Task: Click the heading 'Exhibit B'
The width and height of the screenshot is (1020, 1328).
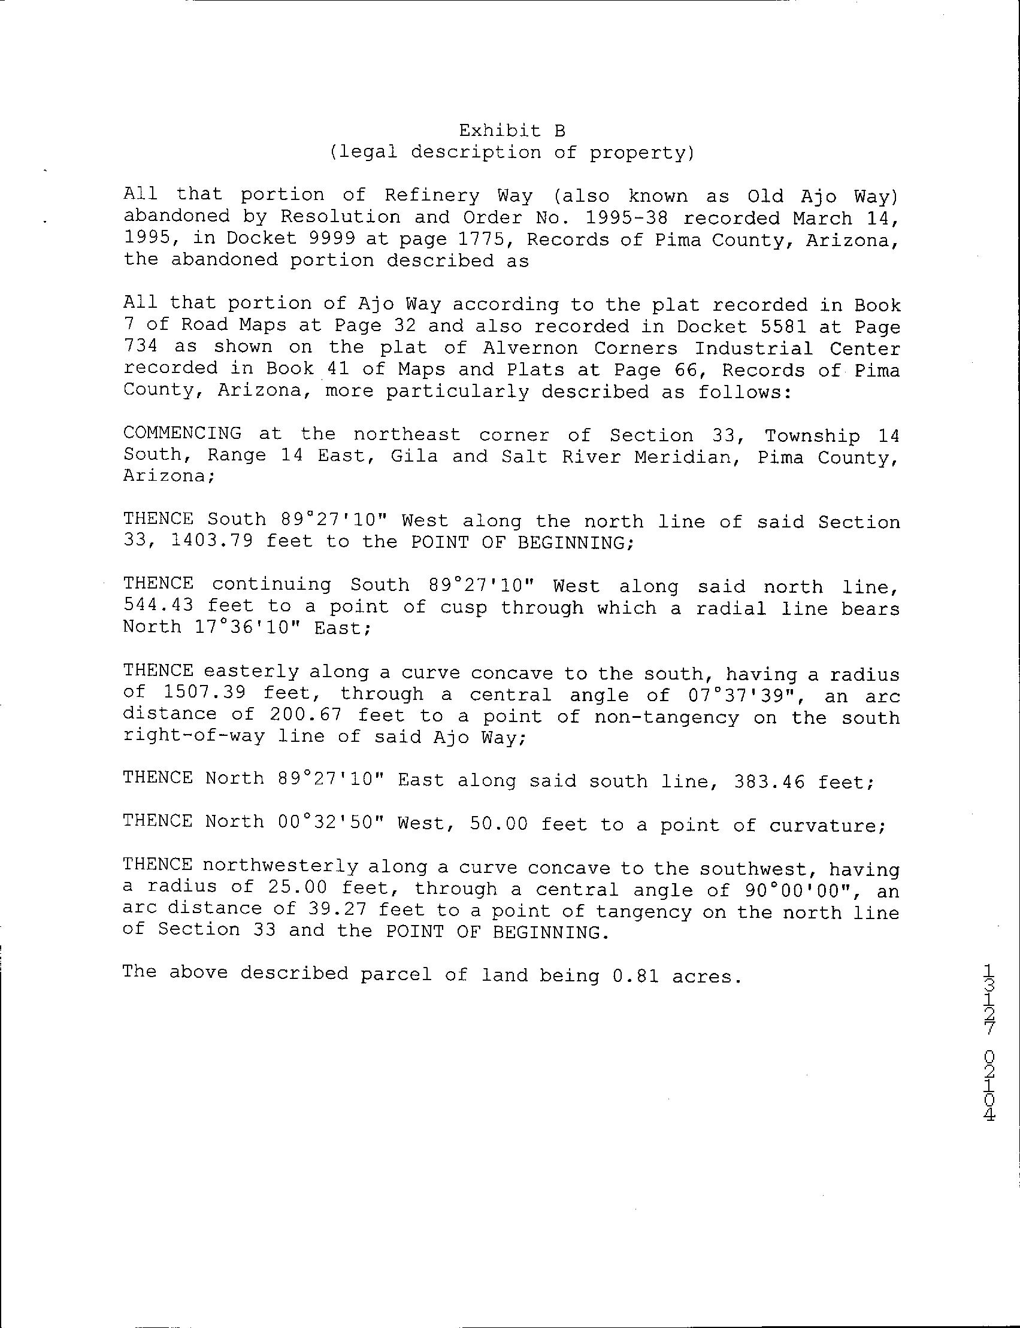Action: pos(512,131)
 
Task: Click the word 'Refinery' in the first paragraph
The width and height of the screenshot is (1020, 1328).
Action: pos(432,195)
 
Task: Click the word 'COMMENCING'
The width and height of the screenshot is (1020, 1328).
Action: pos(182,433)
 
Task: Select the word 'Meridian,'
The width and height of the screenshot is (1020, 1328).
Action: pos(688,456)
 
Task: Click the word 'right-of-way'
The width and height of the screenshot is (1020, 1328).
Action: pos(193,737)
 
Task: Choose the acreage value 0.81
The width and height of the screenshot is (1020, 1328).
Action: pos(635,977)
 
